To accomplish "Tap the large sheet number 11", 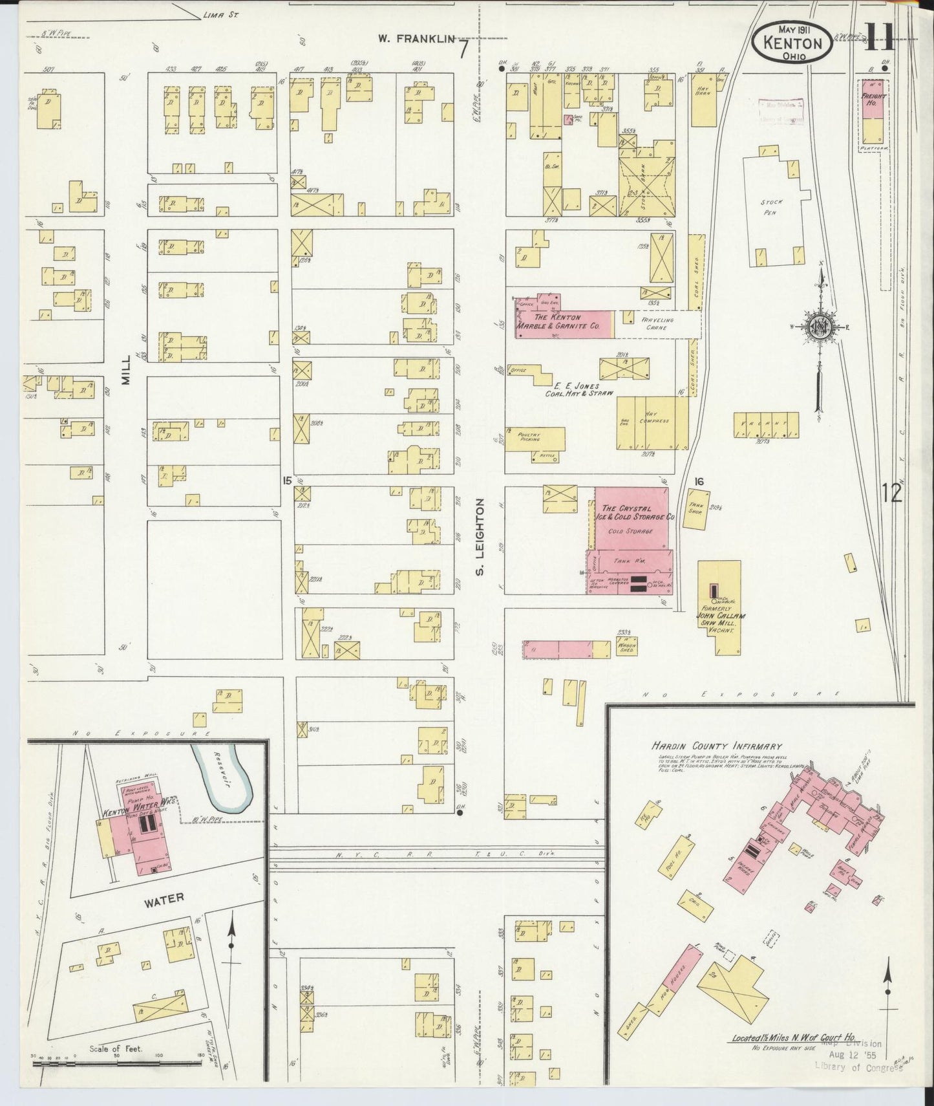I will click(879, 40).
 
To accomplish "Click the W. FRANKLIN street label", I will click(417, 39).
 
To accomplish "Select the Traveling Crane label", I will click(657, 323).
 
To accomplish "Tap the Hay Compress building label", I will click(655, 420).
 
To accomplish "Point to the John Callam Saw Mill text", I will click(719, 616).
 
